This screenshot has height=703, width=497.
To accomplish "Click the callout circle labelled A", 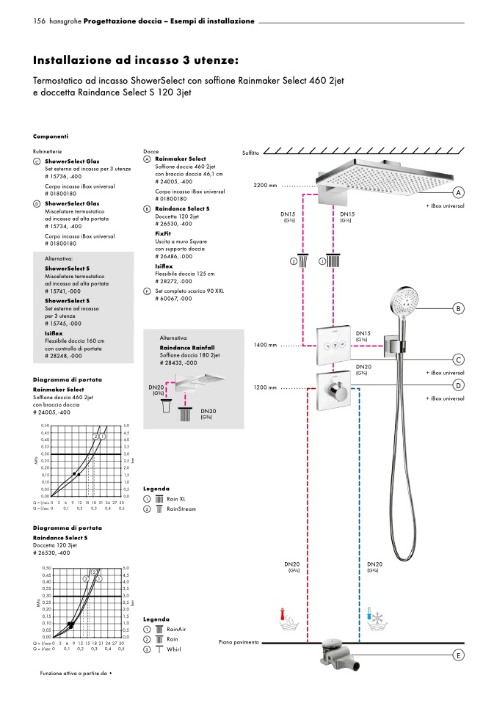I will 459,192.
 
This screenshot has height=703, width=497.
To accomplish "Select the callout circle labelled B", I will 459,309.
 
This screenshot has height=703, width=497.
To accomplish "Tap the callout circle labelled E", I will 459,655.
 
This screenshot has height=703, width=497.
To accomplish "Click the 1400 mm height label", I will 265,345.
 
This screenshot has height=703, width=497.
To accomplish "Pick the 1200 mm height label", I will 265,387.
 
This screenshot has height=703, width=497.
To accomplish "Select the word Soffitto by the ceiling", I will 250,153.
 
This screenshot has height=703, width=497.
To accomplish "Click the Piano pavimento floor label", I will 239,643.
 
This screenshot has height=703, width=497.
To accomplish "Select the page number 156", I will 40,21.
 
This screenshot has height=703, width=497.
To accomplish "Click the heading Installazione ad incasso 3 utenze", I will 136,59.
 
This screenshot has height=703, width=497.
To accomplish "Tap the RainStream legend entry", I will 181,509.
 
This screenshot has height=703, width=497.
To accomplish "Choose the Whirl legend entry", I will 174,649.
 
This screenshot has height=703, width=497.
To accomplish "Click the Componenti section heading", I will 51,136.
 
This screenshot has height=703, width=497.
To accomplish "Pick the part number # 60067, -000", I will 173,299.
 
